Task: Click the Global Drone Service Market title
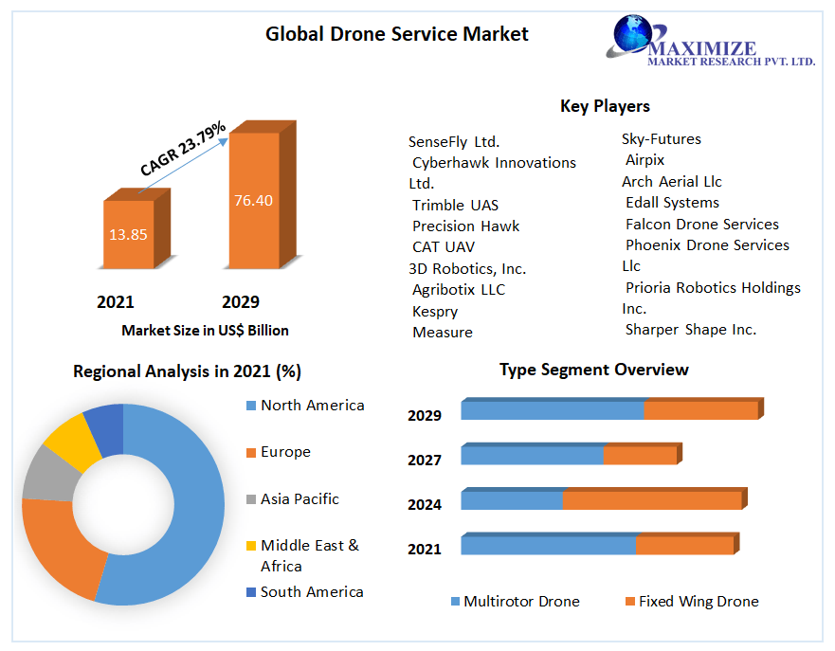pos(396,35)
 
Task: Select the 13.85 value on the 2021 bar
pos(128,234)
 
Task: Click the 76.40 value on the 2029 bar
pos(253,200)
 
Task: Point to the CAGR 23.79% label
pos(182,149)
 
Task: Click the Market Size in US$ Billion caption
pos(205,331)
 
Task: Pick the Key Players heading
pos(605,106)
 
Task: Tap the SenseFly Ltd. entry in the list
pos(454,142)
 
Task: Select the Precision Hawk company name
pos(465,226)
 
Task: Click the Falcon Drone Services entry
pos(701,225)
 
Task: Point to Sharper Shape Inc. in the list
pos(690,330)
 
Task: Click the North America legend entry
pos(312,406)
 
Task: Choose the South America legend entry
pos(312,592)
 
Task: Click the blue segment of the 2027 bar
pos(532,456)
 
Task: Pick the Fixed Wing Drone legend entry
pos(698,602)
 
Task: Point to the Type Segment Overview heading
pos(593,370)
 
